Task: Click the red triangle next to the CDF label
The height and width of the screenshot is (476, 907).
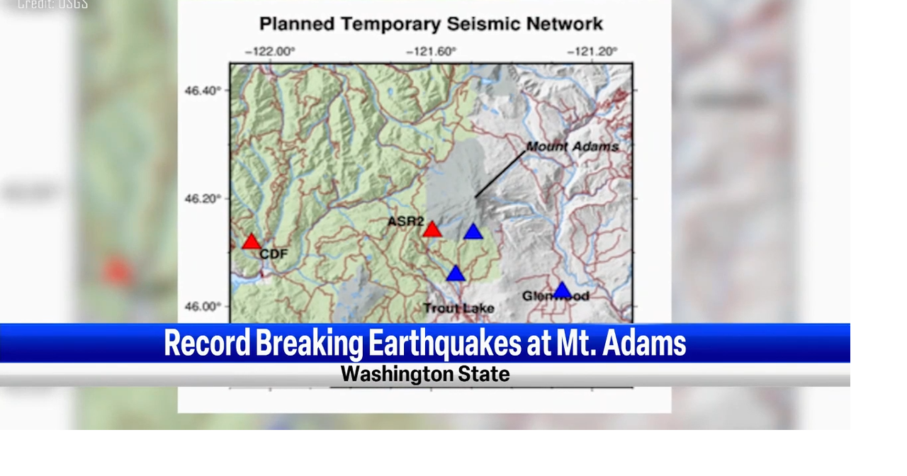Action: [x=252, y=242]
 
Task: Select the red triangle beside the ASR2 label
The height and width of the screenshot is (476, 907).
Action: [x=432, y=229]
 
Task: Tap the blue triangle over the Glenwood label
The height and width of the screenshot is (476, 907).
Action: [x=562, y=290]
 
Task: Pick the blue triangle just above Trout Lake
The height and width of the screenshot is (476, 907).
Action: [x=456, y=273]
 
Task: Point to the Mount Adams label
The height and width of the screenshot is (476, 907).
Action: [x=573, y=147]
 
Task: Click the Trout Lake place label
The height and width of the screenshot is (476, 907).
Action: [x=458, y=308]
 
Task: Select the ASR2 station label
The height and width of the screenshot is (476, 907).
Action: [x=405, y=222]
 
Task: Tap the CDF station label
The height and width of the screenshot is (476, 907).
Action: [x=273, y=254]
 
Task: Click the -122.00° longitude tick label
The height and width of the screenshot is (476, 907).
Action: [x=270, y=51]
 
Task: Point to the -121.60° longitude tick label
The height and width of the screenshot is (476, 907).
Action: [x=431, y=51]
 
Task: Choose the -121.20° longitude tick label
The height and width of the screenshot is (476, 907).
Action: [x=592, y=51]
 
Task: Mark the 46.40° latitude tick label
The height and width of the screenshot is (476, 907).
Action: [x=203, y=91]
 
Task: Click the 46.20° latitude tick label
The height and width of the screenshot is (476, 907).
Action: [x=203, y=198]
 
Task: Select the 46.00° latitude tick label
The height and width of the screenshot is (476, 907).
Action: [x=203, y=307]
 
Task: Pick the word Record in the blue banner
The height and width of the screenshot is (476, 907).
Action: [x=207, y=343]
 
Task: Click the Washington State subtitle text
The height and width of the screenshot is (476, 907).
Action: [x=425, y=374]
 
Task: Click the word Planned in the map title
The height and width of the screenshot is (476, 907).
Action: [x=296, y=24]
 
